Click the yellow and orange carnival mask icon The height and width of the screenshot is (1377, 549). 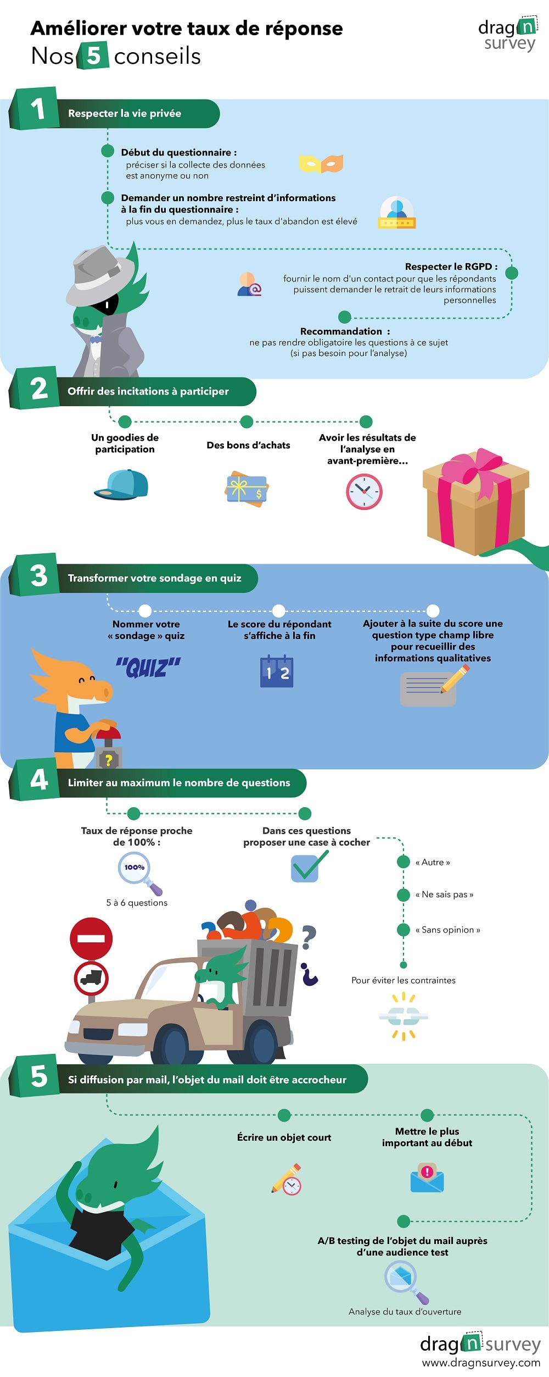click(321, 164)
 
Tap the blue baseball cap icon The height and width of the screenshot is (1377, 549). click(121, 485)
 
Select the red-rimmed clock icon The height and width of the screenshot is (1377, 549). click(364, 491)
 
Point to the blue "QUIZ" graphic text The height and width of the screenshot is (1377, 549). click(148, 668)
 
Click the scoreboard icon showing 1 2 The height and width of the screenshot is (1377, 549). click(277, 671)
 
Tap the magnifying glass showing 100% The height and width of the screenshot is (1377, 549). click(139, 873)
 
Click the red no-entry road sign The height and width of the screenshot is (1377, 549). click(91, 939)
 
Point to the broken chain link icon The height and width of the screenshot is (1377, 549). click(404, 1016)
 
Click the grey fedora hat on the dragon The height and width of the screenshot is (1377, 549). click(100, 274)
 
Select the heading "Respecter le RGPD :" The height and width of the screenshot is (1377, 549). click(451, 266)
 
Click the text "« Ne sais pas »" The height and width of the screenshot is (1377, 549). click(444, 895)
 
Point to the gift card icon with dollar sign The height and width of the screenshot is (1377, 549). click(247, 488)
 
